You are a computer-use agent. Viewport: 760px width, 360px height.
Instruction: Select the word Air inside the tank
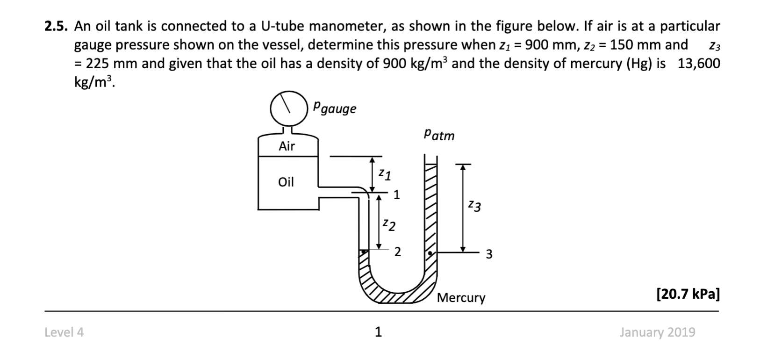(287, 146)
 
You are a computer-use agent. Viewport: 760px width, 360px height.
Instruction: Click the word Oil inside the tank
(286, 182)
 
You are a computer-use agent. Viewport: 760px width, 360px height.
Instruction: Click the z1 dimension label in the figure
(385, 174)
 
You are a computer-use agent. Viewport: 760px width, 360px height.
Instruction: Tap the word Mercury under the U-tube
(461, 298)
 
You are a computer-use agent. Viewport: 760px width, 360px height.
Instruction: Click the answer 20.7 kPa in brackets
(688, 294)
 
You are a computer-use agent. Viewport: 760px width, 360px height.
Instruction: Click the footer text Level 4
(64, 332)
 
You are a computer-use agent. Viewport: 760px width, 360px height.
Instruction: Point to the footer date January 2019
(657, 332)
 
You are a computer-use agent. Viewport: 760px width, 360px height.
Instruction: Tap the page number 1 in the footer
(379, 332)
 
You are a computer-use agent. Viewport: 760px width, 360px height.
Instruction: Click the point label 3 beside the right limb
(489, 254)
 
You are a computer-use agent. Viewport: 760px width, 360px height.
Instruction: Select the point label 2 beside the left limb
(397, 252)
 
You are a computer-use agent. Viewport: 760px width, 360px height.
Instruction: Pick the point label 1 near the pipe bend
(396, 195)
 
